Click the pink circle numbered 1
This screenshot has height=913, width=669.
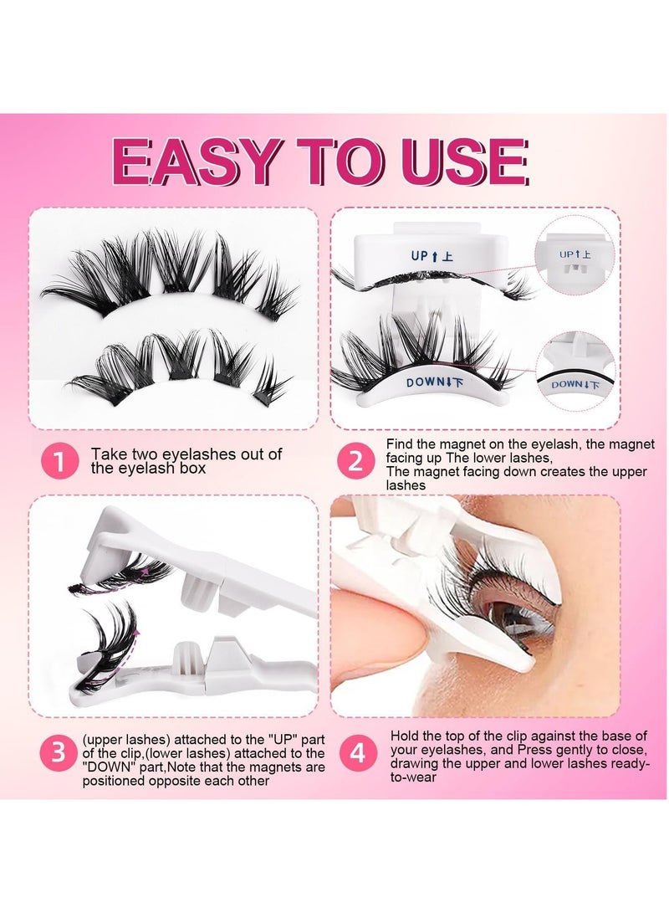tap(59, 461)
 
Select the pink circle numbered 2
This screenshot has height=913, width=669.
tap(355, 460)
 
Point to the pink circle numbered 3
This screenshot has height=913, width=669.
tap(59, 752)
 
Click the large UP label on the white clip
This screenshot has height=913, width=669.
tap(432, 255)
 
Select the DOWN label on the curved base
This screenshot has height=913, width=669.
tap(435, 382)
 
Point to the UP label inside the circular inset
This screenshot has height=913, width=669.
tap(575, 254)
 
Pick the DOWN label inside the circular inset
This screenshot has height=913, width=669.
tap(575, 384)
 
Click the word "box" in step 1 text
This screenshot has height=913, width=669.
tap(192, 468)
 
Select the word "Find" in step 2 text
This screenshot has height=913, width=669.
tap(400, 444)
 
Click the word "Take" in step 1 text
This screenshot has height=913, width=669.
tap(109, 454)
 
